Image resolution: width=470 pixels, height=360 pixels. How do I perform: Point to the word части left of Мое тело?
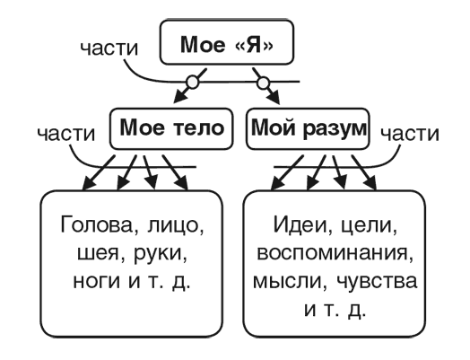point(65,133)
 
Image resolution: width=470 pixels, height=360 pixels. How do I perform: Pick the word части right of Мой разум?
point(409,133)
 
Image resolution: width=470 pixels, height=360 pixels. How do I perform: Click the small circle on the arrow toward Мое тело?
point(191,83)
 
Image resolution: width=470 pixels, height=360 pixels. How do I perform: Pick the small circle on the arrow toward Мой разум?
point(263,83)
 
